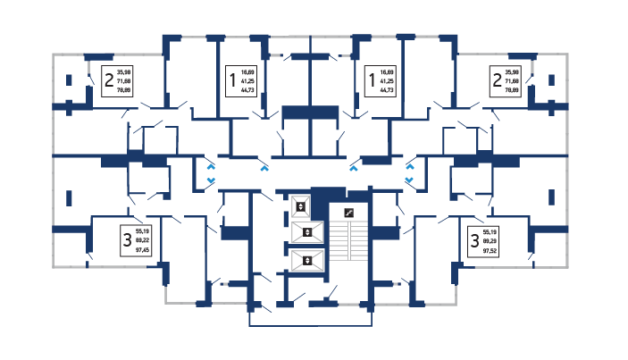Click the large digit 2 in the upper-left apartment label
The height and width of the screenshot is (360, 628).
pyautogui.click(x=109, y=80)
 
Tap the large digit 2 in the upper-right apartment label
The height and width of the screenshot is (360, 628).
pyautogui.click(x=495, y=80)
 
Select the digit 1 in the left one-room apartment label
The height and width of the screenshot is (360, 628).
pyautogui.click(x=233, y=80)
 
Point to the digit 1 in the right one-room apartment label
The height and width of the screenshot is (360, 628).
pyautogui.click(x=372, y=80)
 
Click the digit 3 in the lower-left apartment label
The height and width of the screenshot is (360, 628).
pyautogui.click(x=128, y=239)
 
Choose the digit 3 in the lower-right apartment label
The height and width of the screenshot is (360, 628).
pyautogui.click(x=473, y=239)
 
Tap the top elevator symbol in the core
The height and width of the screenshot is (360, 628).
pyautogui.click(x=301, y=207)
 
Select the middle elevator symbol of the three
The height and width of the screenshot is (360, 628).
pyautogui.click(x=307, y=233)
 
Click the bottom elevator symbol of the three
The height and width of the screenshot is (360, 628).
pyautogui.click(x=307, y=261)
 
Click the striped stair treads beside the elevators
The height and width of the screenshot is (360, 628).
pyautogui.click(x=349, y=241)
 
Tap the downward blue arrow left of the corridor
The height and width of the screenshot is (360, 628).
pyautogui.click(x=211, y=181)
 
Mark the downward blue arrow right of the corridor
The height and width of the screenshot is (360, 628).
pyautogui.click(x=409, y=181)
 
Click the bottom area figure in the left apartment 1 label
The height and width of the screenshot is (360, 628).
pyautogui.click(x=249, y=91)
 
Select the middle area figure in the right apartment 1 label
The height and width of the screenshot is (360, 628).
pyautogui.click(x=388, y=80)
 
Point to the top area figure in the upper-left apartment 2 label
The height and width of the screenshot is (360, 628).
pyautogui.click(x=124, y=71)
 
